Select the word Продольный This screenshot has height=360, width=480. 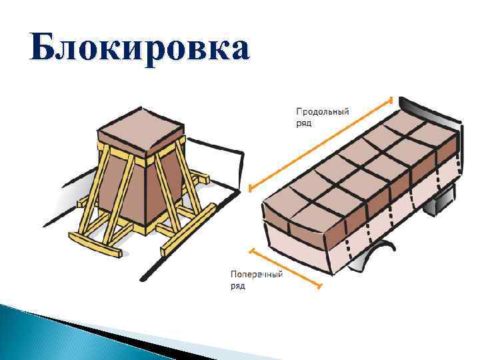click(x=322, y=112)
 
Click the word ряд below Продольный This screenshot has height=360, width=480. click(x=303, y=123)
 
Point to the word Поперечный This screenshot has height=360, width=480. click(x=257, y=274)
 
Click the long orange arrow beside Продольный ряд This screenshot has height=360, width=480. click(x=320, y=143)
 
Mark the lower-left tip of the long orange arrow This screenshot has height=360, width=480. click(x=249, y=189)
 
